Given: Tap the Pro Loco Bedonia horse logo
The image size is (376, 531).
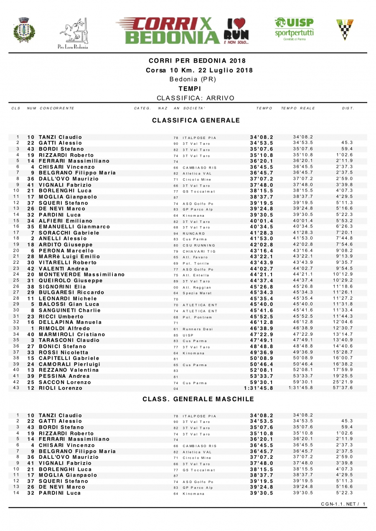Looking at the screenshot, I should (73, 33).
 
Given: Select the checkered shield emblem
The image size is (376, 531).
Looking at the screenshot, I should (345, 29).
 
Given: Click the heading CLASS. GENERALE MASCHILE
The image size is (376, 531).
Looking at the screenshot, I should (198, 399).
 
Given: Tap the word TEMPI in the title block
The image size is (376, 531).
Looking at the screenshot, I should (190, 88).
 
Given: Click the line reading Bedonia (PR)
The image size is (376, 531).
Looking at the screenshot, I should (193, 79).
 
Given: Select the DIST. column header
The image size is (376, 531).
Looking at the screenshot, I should (348, 109).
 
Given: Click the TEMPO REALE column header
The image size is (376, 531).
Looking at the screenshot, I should (298, 109).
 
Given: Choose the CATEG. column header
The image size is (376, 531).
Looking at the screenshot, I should (142, 109).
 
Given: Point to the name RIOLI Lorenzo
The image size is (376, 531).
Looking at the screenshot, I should (61, 388).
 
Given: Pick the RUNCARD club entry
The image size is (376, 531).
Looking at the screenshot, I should (194, 233).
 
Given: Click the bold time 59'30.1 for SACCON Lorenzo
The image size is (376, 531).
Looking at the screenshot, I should (262, 382).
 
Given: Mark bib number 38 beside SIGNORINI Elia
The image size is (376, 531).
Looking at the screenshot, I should (30, 286).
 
